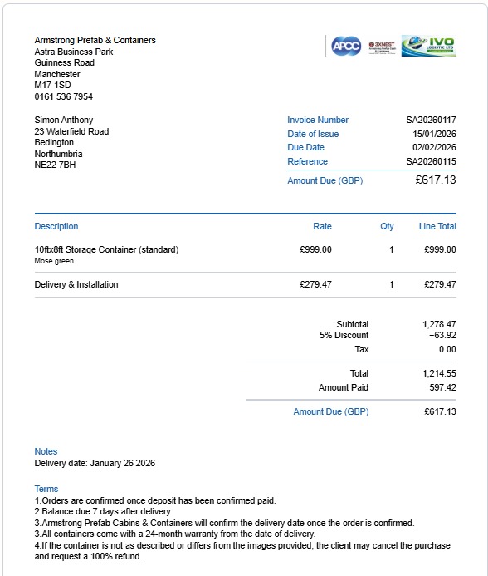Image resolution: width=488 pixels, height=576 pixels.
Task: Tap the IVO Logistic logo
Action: [428, 46]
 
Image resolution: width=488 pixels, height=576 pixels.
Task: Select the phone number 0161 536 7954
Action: [64, 96]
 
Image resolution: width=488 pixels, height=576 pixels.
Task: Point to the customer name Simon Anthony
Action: [64, 120]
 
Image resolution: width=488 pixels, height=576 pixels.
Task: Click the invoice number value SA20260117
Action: [431, 120]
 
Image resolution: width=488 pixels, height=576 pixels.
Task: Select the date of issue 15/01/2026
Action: [434, 134]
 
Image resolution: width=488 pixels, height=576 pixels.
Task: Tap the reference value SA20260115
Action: [431, 161]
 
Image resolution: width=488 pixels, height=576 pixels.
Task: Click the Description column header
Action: [56, 226]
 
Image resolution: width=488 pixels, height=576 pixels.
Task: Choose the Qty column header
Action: [387, 226]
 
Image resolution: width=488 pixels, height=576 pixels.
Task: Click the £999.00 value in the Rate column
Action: [315, 249]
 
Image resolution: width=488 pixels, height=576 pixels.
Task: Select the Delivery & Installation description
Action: [76, 284]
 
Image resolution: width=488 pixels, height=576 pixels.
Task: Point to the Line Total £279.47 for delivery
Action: [440, 284]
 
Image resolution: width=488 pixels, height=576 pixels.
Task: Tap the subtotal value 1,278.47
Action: [439, 324]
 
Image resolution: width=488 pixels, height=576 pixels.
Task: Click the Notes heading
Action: [46, 452]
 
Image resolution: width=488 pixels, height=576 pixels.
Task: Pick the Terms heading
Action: [46, 489]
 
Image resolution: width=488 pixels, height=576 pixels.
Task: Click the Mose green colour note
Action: [54, 261]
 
